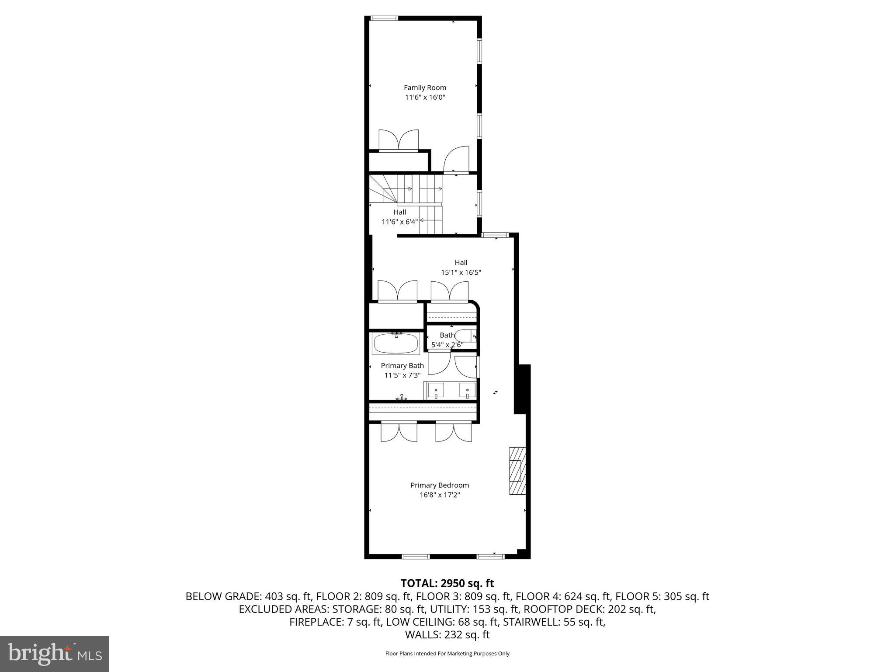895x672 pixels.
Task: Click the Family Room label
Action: pos(425,87)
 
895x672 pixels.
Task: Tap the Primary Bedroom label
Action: pos(440,485)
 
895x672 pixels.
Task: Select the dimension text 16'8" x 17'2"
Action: pos(440,495)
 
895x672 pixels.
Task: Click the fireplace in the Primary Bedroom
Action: pos(517,470)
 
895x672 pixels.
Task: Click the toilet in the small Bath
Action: pos(465,336)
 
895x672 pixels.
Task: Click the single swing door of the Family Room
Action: pos(456,159)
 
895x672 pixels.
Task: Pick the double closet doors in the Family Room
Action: pos(398,140)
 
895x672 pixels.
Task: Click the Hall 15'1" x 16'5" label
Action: pos(461,267)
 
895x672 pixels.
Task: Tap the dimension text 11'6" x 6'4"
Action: pos(399,222)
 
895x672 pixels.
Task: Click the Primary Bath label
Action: pos(402,366)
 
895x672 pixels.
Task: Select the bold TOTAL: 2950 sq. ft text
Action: pos(447,583)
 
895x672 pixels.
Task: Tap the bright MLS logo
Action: pos(55,654)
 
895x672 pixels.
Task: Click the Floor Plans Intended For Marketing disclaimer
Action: pos(447,654)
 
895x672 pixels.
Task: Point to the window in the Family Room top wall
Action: pos(384,18)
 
